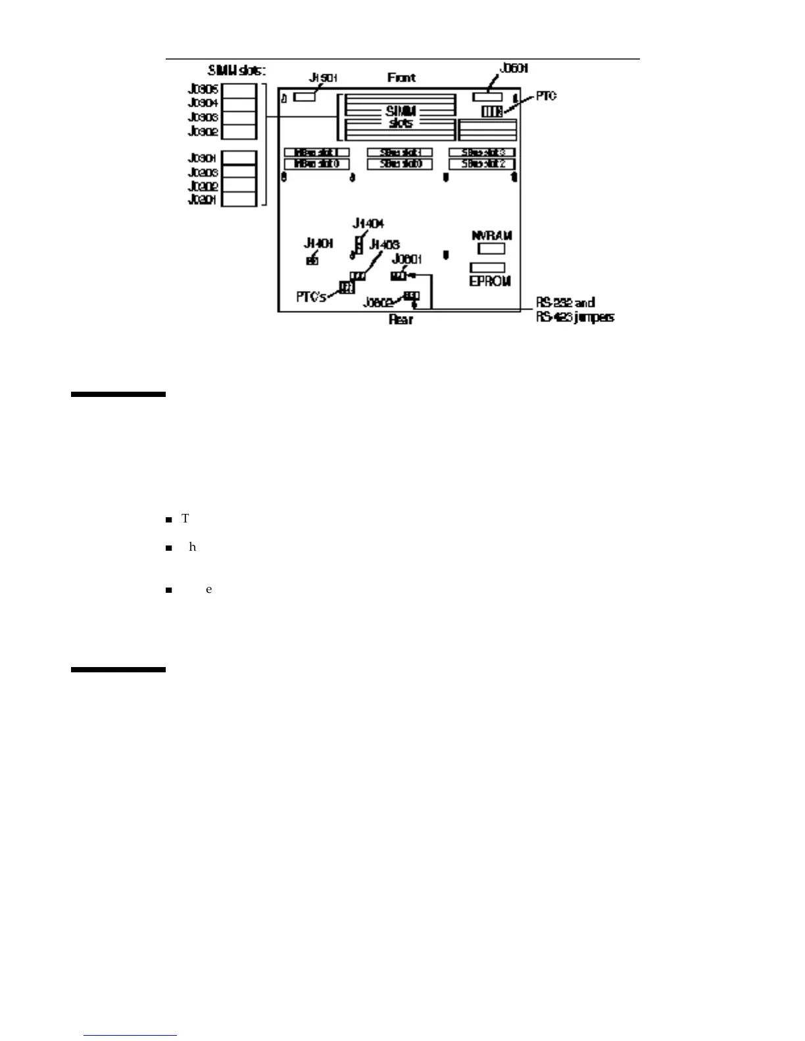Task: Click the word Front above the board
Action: click(x=401, y=78)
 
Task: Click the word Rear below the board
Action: click(x=401, y=319)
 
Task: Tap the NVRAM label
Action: click(x=491, y=235)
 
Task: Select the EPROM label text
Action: click(x=490, y=281)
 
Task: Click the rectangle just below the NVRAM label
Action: click(x=491, y=248)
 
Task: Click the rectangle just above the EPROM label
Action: click(x=487, y=267)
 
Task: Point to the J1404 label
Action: click(x=368, y=223)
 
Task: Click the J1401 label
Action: click(x=318, y=243)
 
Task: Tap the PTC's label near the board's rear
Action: click(x=311, y=297)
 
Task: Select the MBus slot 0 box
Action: click(x=316, y=164)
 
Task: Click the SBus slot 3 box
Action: click(x=482, y=152)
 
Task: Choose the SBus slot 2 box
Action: click(x=482, y=164)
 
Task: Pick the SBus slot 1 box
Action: click(x=399, y=152)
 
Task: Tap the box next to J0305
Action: click(x=238, y=90)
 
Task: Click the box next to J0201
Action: click(x=238, y=200)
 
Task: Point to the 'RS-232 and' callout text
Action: click(x=566, y=303)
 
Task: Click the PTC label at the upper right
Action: click(x=546, y=96)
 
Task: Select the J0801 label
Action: click(x=406, y=259)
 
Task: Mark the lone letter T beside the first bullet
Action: click(x=185, y=519)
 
